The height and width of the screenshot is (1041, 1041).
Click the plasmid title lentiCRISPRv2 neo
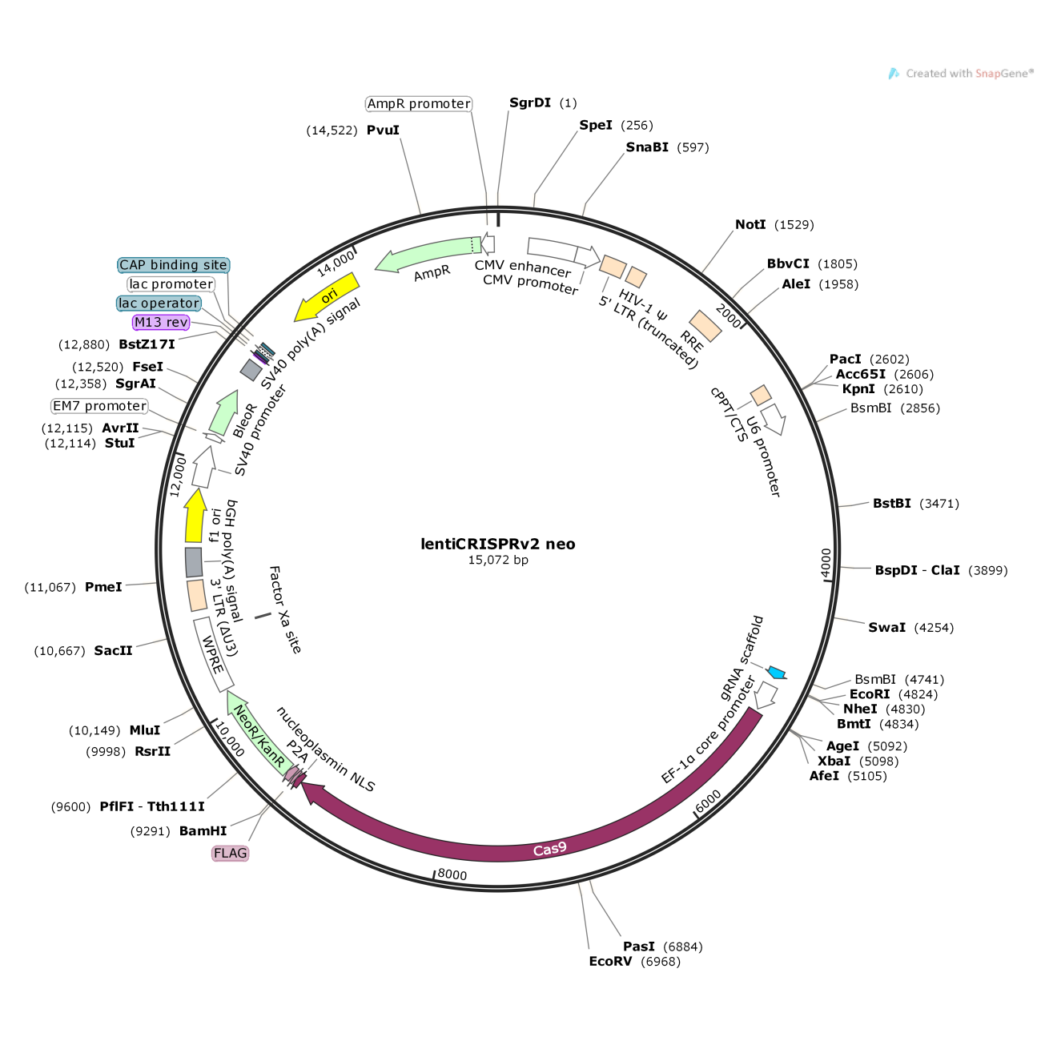(x=497, y=544)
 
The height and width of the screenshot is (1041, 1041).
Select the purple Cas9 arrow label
(x=549, y=850)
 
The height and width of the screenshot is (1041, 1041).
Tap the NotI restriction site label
(x=750, y=224)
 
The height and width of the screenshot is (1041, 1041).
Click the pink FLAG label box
(x=230, y=853)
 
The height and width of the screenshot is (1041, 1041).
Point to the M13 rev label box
(x=161, y=323)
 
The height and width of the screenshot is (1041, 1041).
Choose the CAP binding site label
(x=174, y=265)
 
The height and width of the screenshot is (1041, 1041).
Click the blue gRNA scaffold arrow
(x=778, y=673)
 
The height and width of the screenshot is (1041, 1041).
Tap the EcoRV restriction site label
(x=610, y=961)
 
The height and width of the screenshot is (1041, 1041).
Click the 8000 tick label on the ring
(x=452, y=874)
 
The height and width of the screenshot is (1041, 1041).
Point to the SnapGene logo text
(x=969, y=74)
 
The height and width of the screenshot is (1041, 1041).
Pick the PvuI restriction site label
(x=383, y=131)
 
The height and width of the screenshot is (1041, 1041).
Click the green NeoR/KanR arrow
(x=259, y=733)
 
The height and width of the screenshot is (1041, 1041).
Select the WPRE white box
(x=213, y=655)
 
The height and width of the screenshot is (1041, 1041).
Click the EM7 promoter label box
(x=99, y=406)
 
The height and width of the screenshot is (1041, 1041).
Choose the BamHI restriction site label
(x=203, y=830)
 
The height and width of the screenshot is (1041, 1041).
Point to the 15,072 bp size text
(x=497, y=560)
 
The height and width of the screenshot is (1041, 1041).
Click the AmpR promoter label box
(x=419, y=104)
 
